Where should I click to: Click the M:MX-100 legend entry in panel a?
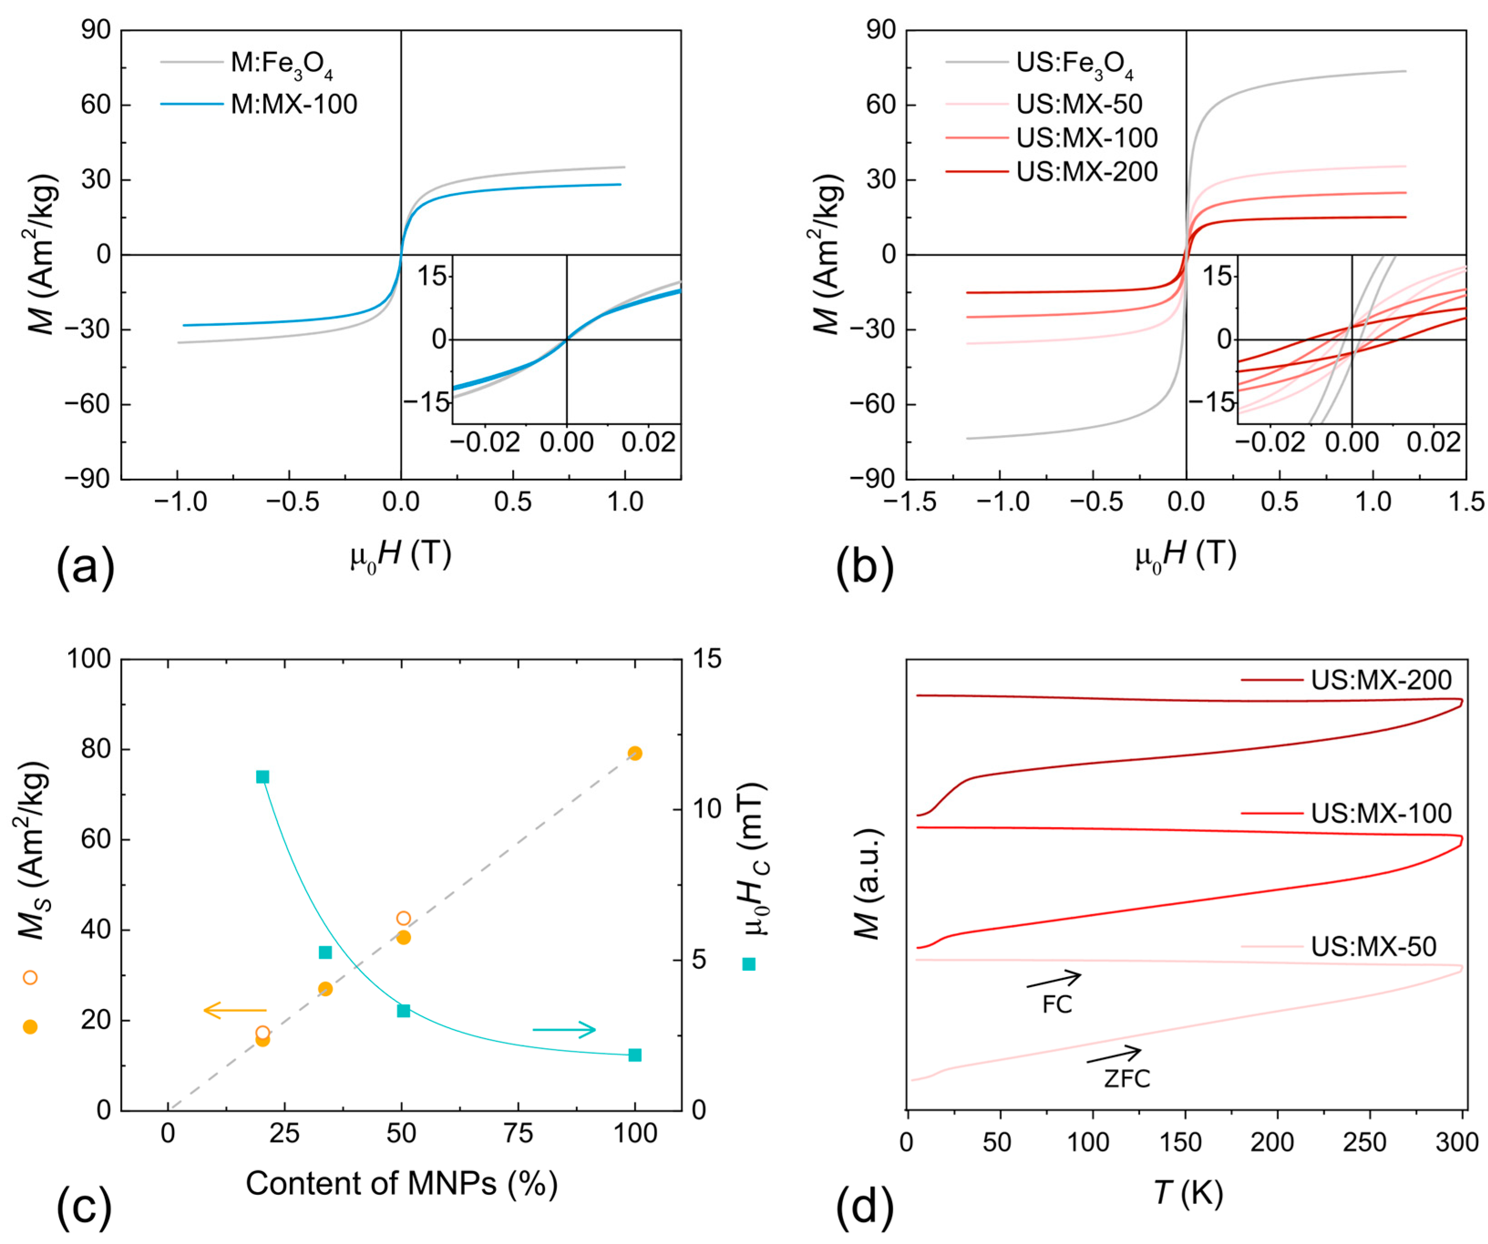point(293,104)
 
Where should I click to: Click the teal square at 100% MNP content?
point(635,1055)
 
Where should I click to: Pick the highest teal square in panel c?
point(262,777)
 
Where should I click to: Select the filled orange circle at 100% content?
point(635,753)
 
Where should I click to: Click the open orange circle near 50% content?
point(403,918)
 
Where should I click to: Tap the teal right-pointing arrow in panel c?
point(564,1029)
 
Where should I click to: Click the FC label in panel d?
point(1057,1004)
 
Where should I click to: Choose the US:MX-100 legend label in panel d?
point(1380,813)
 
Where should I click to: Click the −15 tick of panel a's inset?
point(427,402)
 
